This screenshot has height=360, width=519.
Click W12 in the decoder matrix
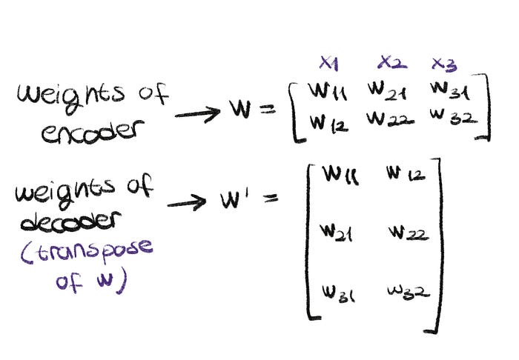[403, 176]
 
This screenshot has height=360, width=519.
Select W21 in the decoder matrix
[336, 233]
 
